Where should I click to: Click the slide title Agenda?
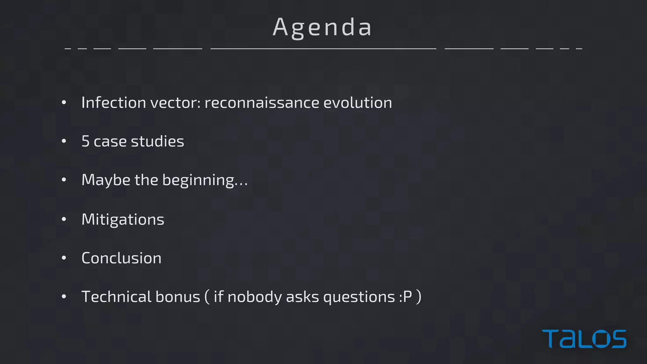tap(322, 27)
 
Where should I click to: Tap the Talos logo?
tap(584, 339)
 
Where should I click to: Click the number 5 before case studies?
tap(85, 141)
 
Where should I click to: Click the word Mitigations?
tap(123, 219)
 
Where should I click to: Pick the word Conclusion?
tap(122, 258)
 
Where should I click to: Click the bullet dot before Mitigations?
tap(64, 219)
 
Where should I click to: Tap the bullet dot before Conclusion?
tap(64, 258)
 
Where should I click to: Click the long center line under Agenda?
tap(323, 49)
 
